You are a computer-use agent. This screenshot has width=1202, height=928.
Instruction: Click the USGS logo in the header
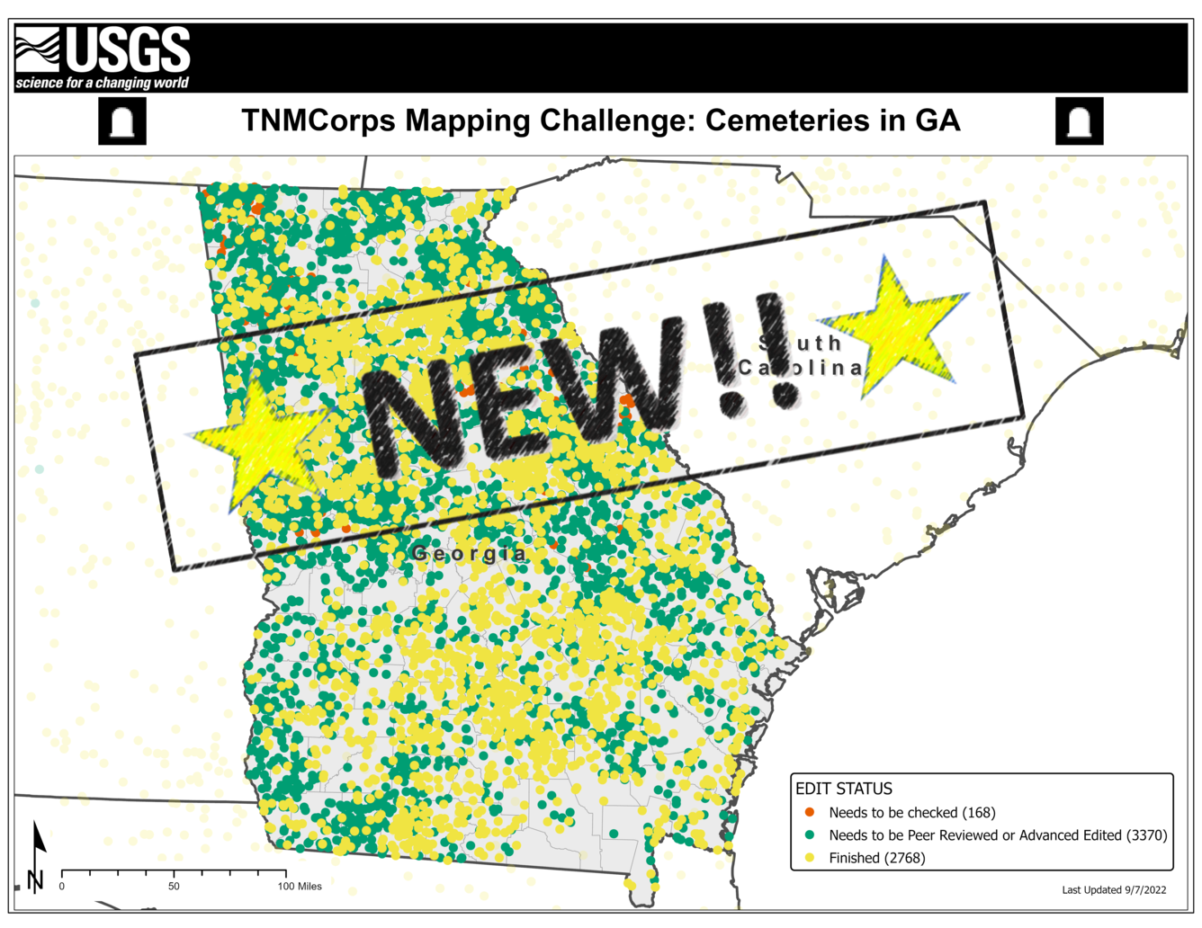coord(103,58)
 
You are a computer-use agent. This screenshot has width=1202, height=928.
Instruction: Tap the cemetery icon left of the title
coord(122,121)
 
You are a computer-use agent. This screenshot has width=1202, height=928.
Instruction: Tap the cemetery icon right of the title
coord(1079,121)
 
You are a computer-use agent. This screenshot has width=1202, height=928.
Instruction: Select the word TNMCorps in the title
coord(318,120)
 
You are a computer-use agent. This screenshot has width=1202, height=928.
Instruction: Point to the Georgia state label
coord(469,553)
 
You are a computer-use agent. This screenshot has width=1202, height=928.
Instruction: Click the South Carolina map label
coord(800,356)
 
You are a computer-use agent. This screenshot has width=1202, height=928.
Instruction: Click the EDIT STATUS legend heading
coord(844,789)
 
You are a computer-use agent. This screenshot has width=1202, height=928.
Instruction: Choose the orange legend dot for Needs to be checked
coord(810,812)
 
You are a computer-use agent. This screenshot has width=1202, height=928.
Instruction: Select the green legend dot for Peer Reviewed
coord(810,835)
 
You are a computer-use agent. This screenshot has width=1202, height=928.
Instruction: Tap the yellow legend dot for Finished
coord(810,858)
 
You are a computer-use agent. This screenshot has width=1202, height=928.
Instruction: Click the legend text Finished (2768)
coord(876,858)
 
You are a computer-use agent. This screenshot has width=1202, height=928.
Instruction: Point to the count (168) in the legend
coord(979,813)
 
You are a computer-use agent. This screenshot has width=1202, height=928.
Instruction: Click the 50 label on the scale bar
coord(174,887)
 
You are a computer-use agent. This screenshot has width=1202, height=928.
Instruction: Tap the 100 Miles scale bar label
coord(299,887)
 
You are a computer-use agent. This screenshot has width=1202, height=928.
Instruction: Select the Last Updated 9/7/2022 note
coord(1114,890)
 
